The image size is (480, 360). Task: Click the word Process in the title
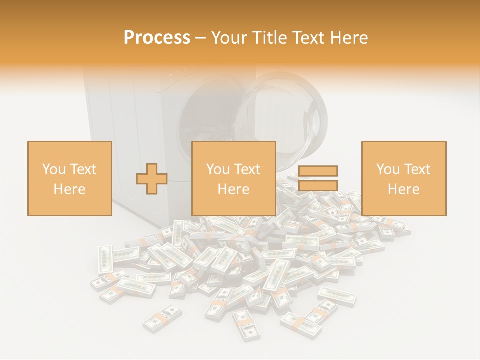157,38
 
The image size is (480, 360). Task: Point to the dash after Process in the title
201,38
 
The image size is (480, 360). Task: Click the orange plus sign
152,179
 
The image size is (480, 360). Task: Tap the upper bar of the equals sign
318,171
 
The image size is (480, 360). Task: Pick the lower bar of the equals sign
318,185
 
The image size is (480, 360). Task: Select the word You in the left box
53,169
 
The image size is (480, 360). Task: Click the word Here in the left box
69,189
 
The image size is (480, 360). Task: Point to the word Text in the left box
82,169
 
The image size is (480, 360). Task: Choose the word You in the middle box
217,169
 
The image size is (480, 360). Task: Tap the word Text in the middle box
247,169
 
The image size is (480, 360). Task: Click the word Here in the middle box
234,189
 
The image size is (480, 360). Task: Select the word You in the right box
387,169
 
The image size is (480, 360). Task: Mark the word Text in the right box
417,169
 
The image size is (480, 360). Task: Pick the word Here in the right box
404,189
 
